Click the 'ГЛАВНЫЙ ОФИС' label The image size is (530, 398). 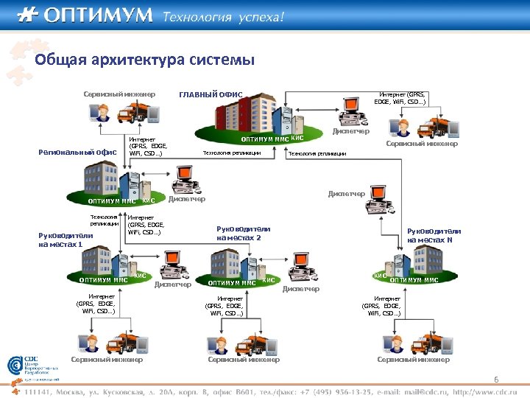[x=211, y=94]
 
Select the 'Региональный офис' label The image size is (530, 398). [x=77, y=153]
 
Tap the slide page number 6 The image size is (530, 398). [x=496, y=380]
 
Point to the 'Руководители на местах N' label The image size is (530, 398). [x=434, y=235]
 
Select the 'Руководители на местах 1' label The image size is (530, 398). [x=66, y=240]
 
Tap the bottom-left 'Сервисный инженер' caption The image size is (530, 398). [x=107, y=360]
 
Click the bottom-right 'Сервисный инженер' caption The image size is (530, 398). [x=413, y=360]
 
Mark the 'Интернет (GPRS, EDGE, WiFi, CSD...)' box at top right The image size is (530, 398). [x=402, y=98]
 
